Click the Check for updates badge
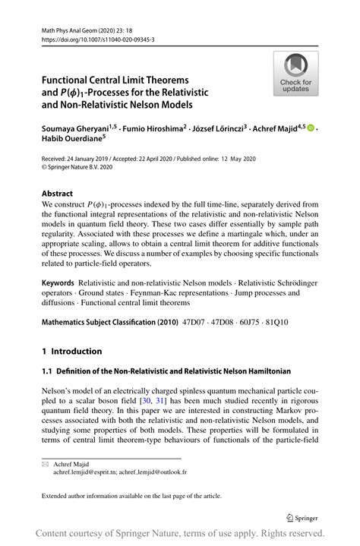tap(296, 74)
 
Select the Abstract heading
tap(58, 194)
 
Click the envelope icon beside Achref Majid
tap(45, 463)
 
